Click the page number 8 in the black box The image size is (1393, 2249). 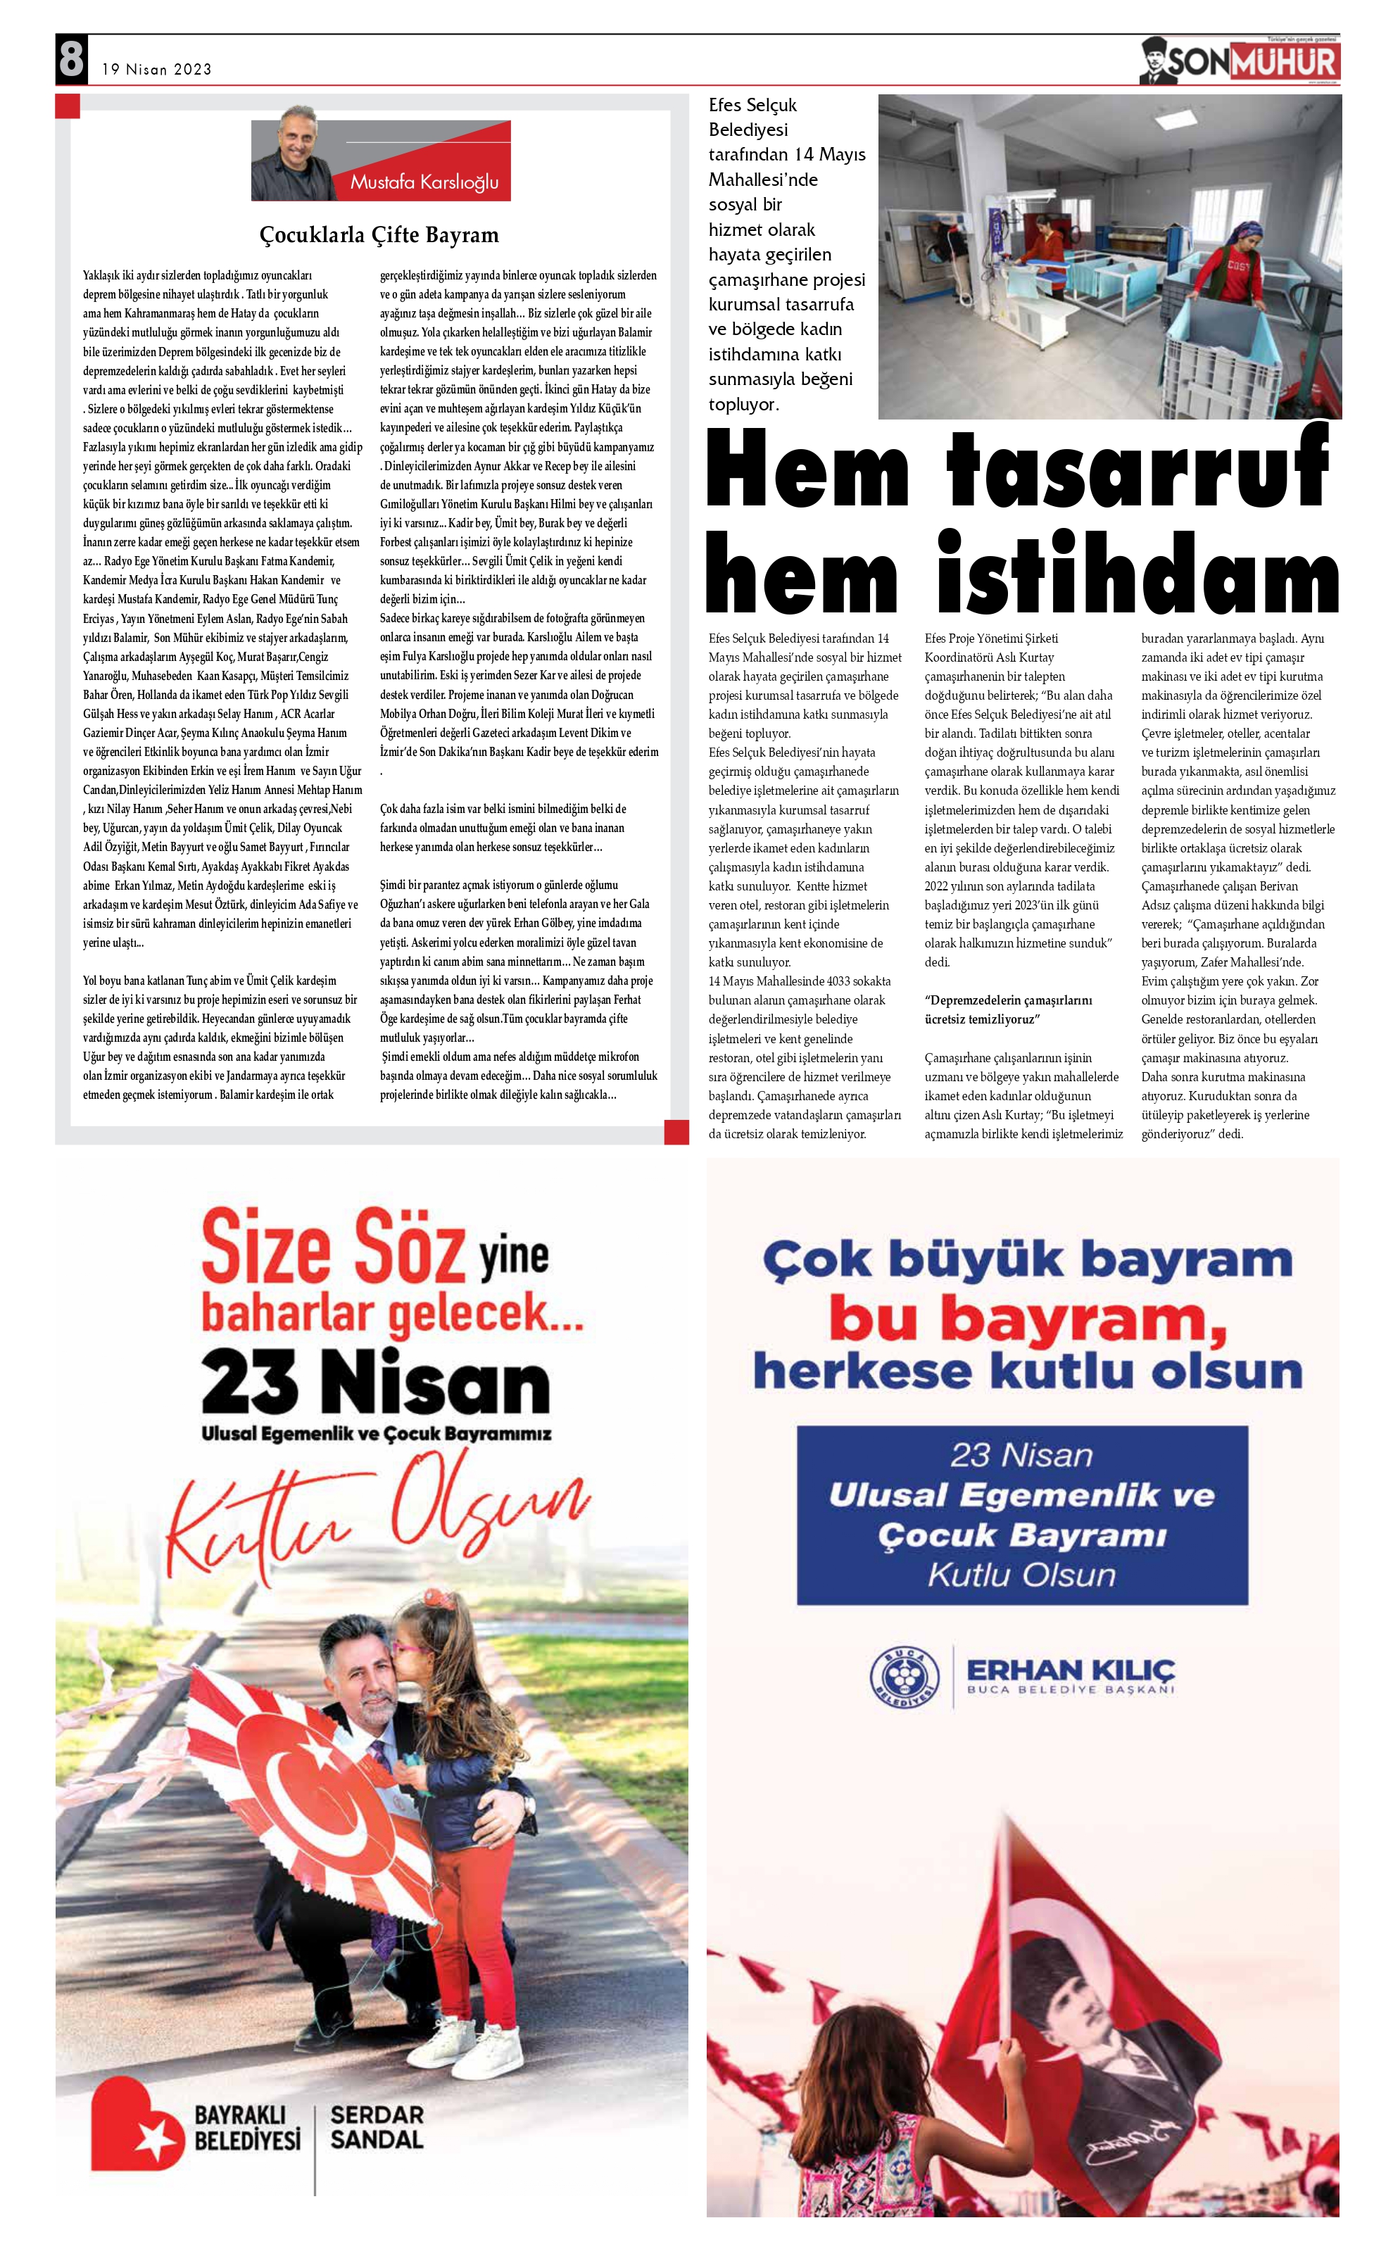tap(71, 60)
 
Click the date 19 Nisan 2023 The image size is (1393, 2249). tap(157, 69)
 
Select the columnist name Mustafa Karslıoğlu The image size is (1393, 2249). tap(424, 182)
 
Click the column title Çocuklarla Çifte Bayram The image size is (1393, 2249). tap(379, 235)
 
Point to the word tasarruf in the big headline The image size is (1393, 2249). tap(1137, 472)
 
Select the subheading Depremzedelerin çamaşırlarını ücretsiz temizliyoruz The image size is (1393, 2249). tap(1008, 1009)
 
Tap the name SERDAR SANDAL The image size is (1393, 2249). tap(377, 2127)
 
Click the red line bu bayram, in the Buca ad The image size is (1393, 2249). tap(1026, 1319)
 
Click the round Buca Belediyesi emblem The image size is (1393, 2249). tap(904, 1674)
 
